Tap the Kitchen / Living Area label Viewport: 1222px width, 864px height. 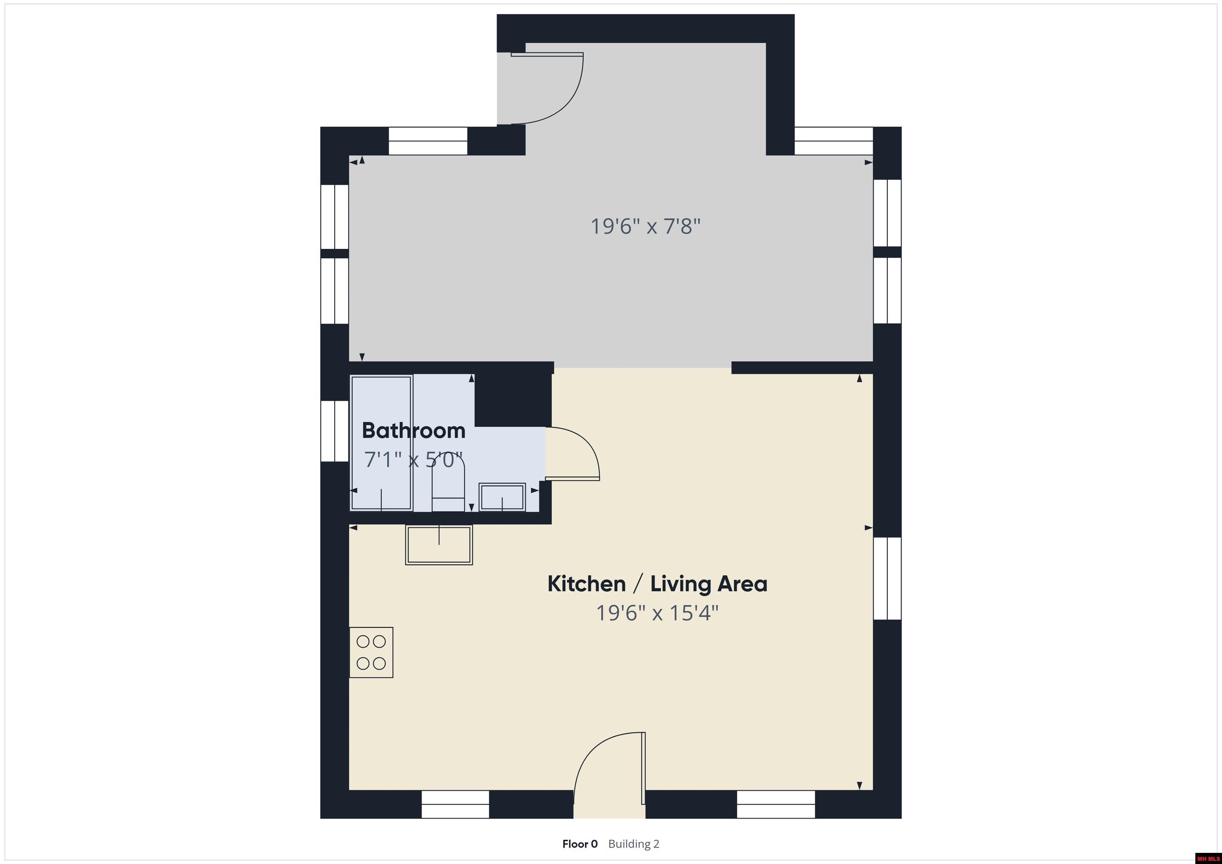[x=657, y=584]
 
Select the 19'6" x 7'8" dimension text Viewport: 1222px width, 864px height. [x=645, y=227]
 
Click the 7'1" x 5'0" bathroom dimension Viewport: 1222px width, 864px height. [x=414, y=459]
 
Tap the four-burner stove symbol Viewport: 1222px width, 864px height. [x=371, y=652]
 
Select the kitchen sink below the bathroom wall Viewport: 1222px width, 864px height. [x=439, y=545]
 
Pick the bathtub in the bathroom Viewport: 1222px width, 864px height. [x=381, y=443]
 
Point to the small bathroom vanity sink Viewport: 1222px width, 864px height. [x=502, y=497]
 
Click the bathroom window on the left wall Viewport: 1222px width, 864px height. [x=334, y=431]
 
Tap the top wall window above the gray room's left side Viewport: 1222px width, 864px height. [x=428, y=141]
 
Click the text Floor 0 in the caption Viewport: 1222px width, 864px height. [x=580, y=844]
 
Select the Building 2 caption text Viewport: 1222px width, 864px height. [x=633, y=844]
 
